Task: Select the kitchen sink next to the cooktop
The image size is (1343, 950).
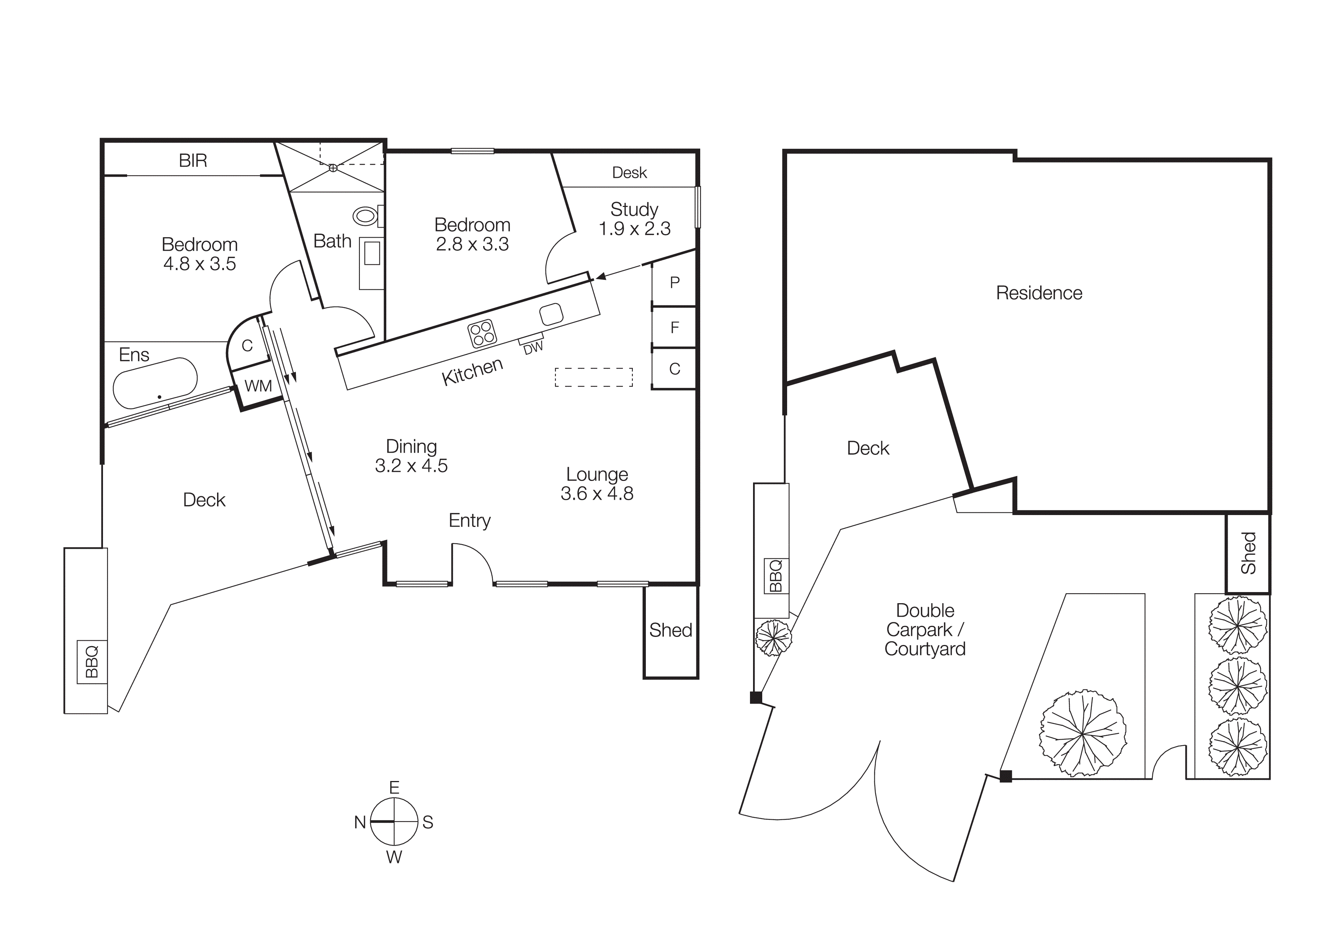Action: tap(551, 314)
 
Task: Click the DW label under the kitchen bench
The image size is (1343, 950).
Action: tap(533, 348)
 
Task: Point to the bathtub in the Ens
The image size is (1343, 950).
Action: tap(155, 383)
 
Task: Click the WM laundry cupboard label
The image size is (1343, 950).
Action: tap(258, 386)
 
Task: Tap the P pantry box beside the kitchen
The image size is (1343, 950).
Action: tap(675, 283)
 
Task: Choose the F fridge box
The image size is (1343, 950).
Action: tap(675, 328)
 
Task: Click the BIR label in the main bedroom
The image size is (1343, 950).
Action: tap(193, 161)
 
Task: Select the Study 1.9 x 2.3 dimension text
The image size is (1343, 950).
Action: tap(635, 229)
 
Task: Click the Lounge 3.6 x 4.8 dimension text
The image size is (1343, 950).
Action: tap(596, 494)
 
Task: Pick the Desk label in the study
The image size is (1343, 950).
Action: tap(629, 173)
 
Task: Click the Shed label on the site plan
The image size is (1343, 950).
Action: tap(1248, 553)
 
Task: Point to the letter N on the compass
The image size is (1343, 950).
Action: tap(360, 822)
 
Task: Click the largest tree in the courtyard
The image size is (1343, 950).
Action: tap(1083, 733)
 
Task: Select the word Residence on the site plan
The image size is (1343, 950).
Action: tap(1039, 293)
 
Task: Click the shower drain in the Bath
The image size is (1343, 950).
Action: tap(333, 168)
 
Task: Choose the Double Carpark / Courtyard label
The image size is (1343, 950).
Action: tap(925, 630)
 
